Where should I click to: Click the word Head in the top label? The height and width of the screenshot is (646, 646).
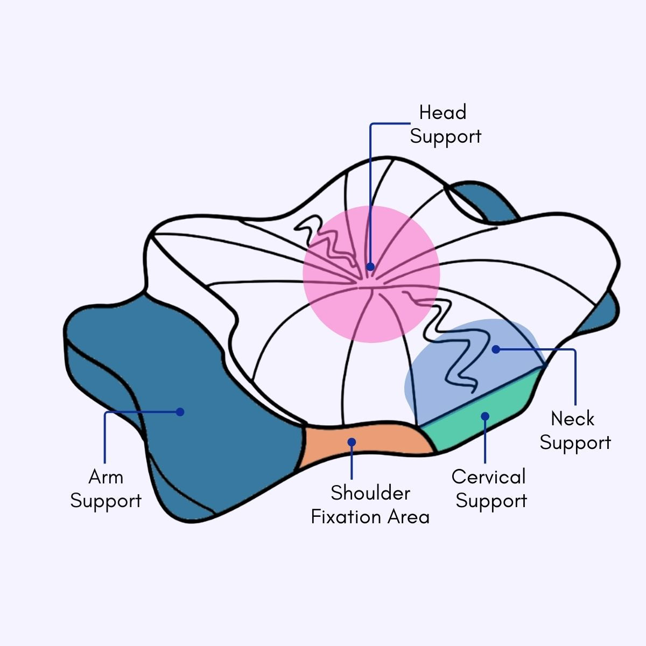click(x=443, y=113)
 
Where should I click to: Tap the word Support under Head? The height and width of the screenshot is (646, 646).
click(x=445, y=136)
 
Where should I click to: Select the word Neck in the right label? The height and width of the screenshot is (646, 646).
click(x=573, y=419)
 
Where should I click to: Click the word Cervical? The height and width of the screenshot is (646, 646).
click(x=488, y=477)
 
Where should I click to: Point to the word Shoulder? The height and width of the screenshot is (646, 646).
click(x=370, y=493)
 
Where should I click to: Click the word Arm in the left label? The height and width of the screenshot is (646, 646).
click(x=106, y=477)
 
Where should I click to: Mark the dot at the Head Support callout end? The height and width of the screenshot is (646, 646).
click(x=370, y=266)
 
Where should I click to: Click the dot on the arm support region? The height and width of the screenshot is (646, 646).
click(x=180, y=412)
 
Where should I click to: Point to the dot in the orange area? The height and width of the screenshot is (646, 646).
click(x=352, y=442)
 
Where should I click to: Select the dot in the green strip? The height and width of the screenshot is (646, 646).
click(x=485, y=416)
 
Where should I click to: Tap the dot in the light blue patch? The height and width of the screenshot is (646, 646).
click(x=496, y=349)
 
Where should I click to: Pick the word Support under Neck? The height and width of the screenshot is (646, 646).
click(x=575, y=443)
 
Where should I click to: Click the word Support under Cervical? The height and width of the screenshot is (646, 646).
click(x=491, y=501)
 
